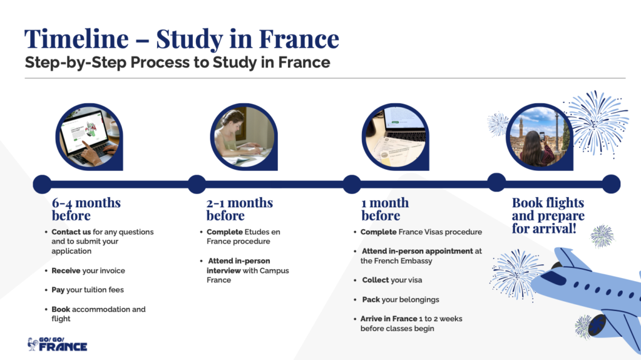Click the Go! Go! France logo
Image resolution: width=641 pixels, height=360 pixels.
click(57, 344)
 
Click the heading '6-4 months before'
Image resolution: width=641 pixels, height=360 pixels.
click(86, 209)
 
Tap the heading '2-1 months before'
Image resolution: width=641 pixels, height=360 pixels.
click(240, 209)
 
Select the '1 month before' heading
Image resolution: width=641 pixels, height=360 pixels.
click(384, 209)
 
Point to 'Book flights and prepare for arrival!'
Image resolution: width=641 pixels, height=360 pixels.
click(548, 215)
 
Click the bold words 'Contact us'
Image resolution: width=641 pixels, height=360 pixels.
click(71, 232)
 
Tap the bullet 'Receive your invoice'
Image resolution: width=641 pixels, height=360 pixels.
click(88, 270)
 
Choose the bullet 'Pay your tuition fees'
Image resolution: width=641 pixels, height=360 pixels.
click(88, 290)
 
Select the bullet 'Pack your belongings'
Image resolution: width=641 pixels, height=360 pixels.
click(401, 299)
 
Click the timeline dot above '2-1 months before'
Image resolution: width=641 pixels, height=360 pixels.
click(197, 183)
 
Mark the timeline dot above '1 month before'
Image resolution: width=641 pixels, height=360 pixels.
click(351, 183)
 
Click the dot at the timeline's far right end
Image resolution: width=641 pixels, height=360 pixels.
click(611, 183)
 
